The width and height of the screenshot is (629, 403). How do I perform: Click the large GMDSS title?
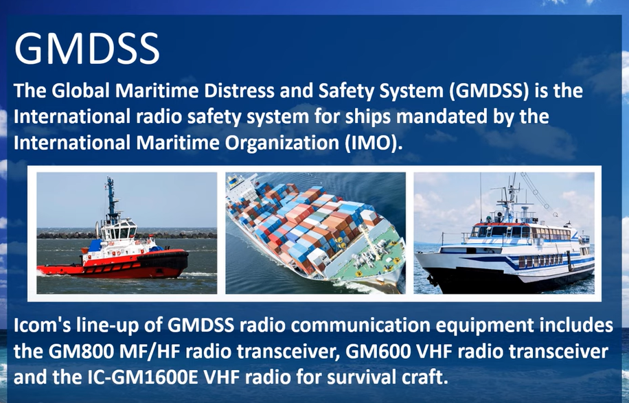(x=87, y=49)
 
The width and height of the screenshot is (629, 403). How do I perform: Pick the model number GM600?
(x=378, y=352)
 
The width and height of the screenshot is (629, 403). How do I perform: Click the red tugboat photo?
(x=127, y=233)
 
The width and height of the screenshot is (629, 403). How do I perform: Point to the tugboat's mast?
(x=111, y=198)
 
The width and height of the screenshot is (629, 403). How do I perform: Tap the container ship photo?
(x=315, y=233)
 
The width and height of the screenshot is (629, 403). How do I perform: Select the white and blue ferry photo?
(x=504, y=233)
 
